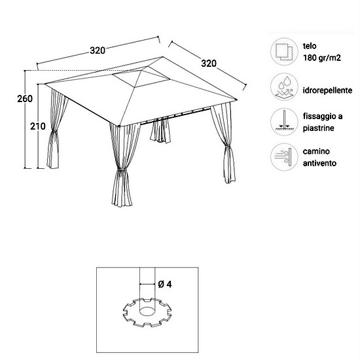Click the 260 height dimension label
point(25,99)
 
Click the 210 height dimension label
point(38,126)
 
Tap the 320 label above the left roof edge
point(98,50)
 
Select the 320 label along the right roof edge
point(209,63)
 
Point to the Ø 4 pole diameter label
point(165,284)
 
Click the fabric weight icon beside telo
point(284,52)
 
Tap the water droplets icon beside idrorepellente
point(284,87)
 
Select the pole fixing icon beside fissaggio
point(284,122)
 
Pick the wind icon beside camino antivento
point(284,157)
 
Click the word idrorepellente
point(327,90)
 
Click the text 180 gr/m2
point(322,58)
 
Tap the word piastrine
point(319,128)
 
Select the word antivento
point(319,163)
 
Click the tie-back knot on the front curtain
point(122,171)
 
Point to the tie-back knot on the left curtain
point(54,132)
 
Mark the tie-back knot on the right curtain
point(227,146)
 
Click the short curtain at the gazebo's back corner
point(160,130)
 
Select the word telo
point(310,46)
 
